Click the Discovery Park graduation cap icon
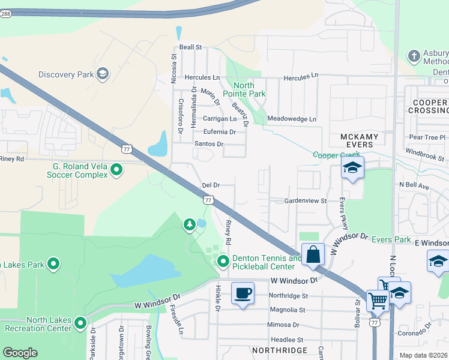[x=102, y=74]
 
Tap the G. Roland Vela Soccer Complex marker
[x=117, y=170]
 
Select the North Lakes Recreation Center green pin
[x=81, y=325]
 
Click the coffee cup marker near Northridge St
[x=243, y=294]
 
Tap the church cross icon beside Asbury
[x=413, y=56]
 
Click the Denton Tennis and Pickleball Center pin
[x=223, y=262]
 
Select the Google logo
[x=20, y=352]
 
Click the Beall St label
[x=190, y=47]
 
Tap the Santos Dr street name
[x=208, y=144]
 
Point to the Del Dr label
[x=210, y=185]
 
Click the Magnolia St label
[x=288, y=310]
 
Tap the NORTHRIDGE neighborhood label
[x=279, y=350]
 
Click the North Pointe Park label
[x=244, y=89]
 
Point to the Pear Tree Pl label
[x=427, y=137]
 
